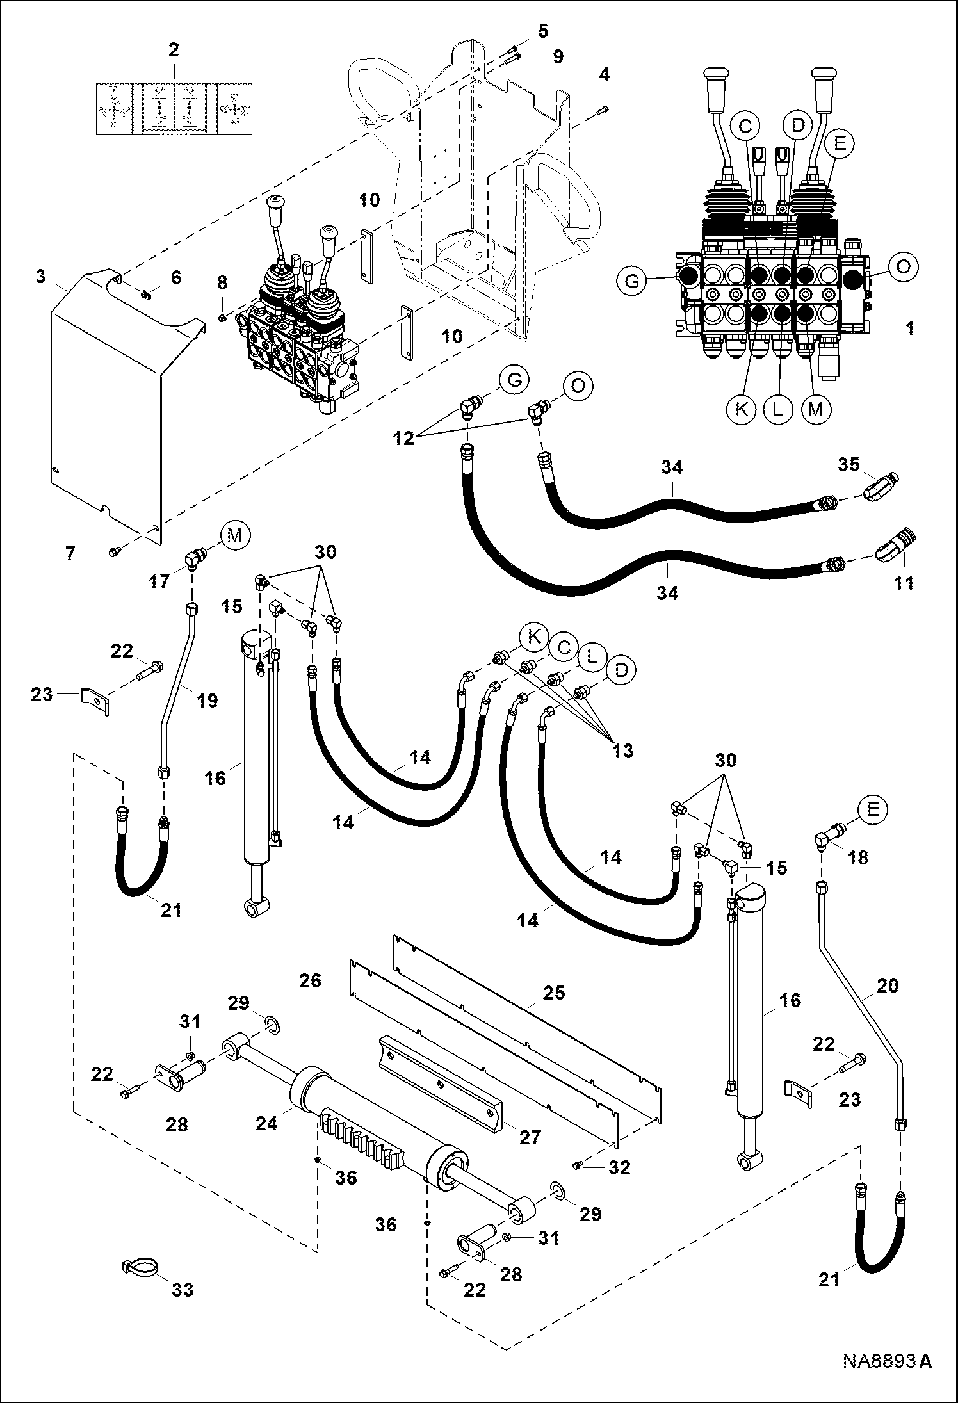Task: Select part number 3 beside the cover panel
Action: point(41,277)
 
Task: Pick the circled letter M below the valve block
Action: point(815,409)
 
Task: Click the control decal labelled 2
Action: point(174,108)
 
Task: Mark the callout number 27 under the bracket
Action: point(531,1137)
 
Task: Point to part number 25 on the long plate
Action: point(554,993)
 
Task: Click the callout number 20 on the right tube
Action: point(888,986)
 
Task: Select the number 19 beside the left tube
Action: point(207,701)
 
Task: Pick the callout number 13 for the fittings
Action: point(623,750)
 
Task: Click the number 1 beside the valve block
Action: point(909,328)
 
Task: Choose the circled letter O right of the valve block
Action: point(903,266)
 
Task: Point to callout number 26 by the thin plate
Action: point(311,980)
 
